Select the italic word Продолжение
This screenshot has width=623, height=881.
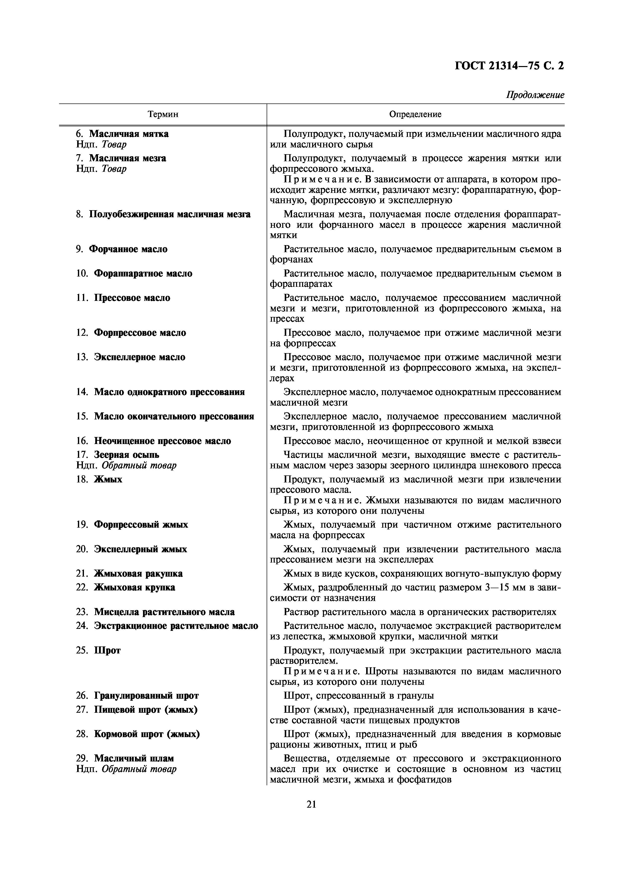(535, 95)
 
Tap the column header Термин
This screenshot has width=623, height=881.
(163, 114)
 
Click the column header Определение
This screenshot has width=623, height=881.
(415, 114)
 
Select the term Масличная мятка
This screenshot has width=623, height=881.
(129, 134)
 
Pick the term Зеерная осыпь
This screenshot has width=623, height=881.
(126, 455)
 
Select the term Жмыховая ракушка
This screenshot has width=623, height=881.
(138, 574)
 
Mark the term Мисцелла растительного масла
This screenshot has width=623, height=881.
(164, 612)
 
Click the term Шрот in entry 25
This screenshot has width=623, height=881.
(107, 650)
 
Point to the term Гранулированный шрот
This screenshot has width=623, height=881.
(146, 696)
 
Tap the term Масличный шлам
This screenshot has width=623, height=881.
(134, 759)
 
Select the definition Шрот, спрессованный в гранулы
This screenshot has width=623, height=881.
(359, 696)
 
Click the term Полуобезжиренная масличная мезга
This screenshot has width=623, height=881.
(170, 214)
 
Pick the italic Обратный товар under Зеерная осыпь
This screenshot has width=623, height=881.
(139, 465)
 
